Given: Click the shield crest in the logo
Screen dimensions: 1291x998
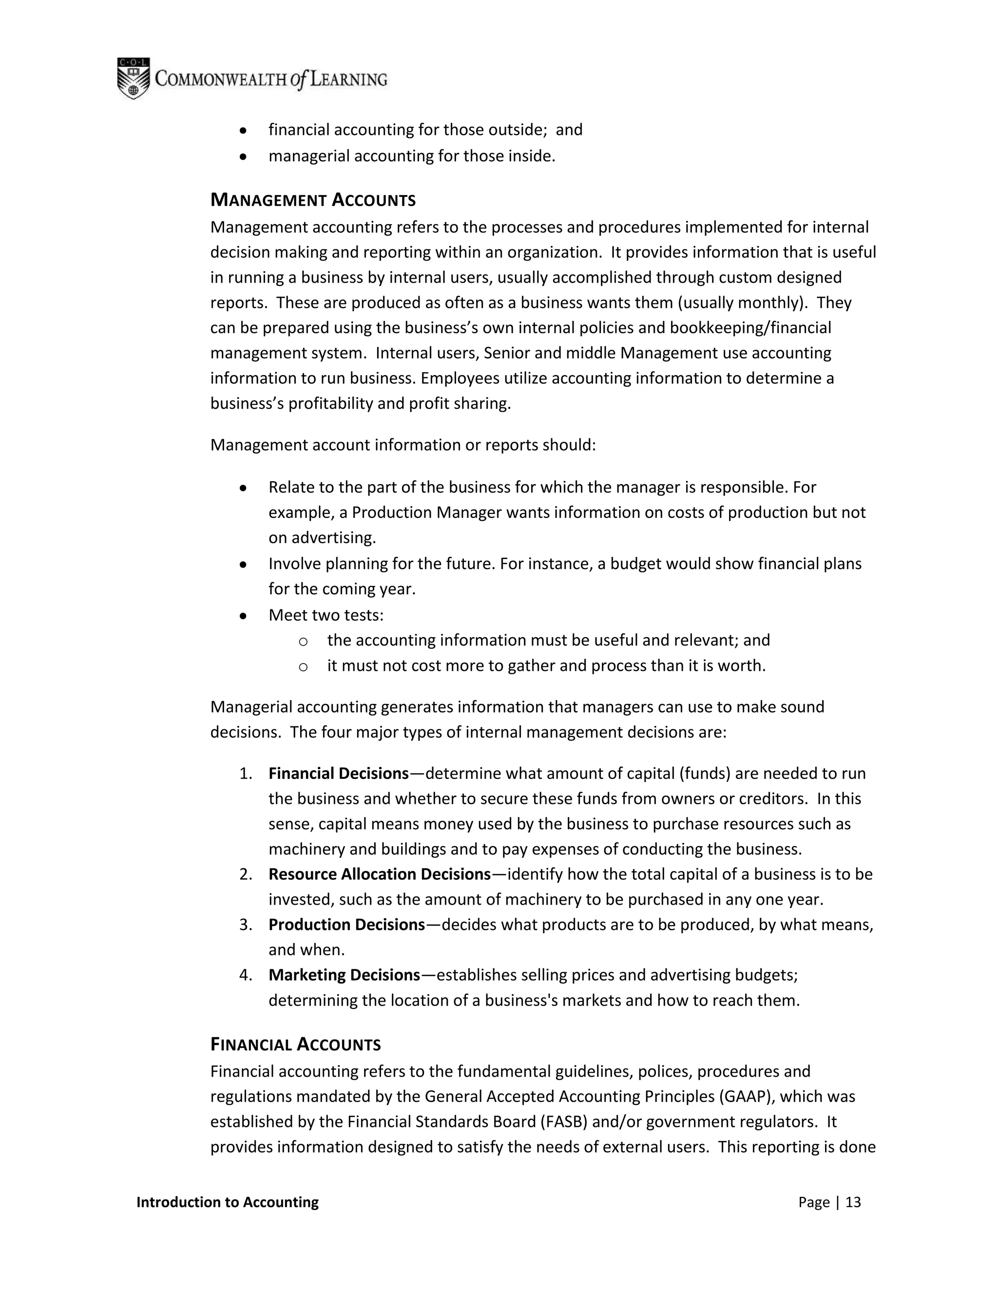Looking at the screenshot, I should (133, 78).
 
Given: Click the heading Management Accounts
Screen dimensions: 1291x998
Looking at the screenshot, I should (313, 200).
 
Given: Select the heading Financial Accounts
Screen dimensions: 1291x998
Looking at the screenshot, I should (295, 1044).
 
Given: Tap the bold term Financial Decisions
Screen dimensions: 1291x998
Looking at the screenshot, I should (338, 773).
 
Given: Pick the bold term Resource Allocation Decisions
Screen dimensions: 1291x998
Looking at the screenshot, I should (379, 874).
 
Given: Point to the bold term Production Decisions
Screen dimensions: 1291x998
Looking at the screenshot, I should (346, 925).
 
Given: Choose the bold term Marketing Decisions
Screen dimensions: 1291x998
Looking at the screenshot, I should (344, 975).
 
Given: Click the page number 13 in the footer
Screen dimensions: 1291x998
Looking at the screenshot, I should (853, 1202).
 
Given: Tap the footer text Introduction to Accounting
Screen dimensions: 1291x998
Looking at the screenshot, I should (227, 1202).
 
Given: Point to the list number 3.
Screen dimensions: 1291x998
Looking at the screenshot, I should (246, 925).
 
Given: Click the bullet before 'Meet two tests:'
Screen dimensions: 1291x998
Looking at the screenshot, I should (242, 616).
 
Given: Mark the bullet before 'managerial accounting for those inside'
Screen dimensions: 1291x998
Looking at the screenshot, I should (242, 157).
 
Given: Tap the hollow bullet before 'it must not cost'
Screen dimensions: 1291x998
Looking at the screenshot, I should (303, 667).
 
